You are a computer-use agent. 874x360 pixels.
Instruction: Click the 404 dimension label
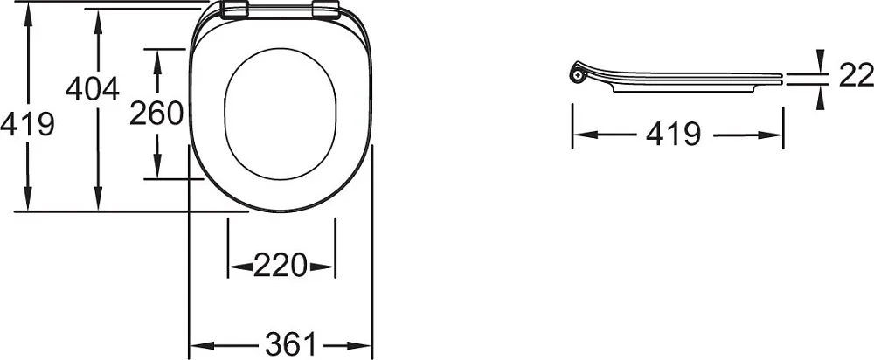tap(93, 89)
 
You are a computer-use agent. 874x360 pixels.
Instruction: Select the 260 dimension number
tap(156, 114)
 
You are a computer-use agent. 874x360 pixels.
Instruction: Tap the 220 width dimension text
tap(281, 266)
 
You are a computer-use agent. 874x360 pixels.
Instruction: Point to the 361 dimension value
tap(290, 345)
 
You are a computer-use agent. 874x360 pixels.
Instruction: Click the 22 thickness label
tap(857, 75)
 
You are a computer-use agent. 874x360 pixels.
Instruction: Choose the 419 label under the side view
tap(673, 135)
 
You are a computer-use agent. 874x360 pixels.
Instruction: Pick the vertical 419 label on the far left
tap(27, 124)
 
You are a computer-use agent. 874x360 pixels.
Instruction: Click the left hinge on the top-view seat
tap(234, 10)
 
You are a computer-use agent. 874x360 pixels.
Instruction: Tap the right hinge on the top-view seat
tap(326, 10)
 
